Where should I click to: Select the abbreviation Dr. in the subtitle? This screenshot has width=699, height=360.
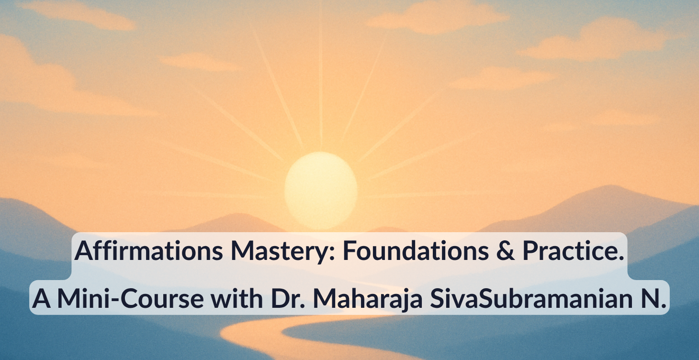pos(281,298)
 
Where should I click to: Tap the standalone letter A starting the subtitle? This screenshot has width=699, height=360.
pos(42,298)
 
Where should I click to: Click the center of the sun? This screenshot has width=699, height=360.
pos(321,190)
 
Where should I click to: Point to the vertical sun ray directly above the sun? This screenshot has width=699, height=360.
pos(321,81)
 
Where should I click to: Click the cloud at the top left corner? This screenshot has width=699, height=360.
pos(77,14)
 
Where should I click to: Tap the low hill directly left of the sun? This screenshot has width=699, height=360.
pos(230,223)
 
